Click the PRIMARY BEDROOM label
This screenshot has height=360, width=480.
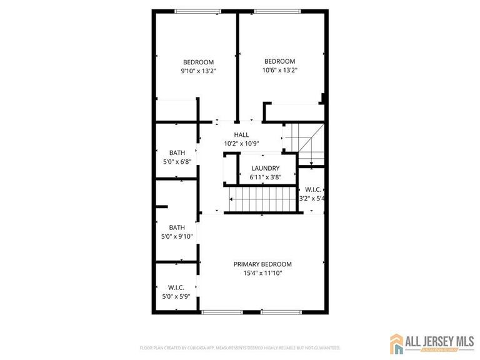262,264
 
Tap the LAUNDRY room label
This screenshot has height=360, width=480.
265,168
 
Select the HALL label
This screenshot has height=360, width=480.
241,134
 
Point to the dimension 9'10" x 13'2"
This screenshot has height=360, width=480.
198,71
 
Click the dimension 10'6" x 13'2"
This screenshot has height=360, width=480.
279,70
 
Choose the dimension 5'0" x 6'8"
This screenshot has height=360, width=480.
177,161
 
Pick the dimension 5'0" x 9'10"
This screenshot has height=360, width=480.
177,236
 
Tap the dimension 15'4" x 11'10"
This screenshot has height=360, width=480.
262,272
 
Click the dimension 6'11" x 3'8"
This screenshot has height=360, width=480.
265,177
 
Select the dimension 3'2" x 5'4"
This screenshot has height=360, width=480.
311,198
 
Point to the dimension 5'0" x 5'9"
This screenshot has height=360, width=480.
176,296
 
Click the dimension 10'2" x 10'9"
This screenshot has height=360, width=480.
241,143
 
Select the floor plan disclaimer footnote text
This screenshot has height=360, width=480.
240,347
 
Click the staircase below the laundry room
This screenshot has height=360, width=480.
259,200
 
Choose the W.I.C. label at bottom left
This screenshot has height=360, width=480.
176,287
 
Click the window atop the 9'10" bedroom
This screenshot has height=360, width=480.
197,11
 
